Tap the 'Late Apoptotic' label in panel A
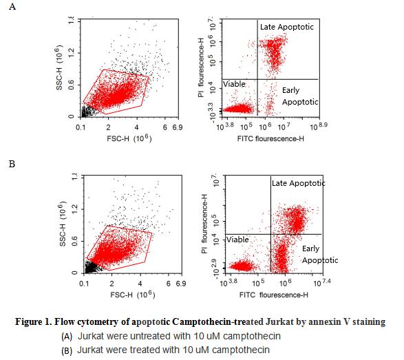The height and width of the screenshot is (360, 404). pyautogui.click(x=286, y=26)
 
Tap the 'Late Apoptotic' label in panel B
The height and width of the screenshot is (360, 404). pyautogui.click(x=298, y=182)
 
